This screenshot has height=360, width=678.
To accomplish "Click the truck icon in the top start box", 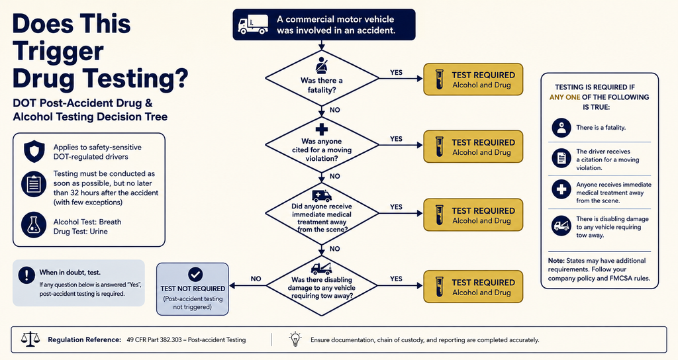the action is (254, 24).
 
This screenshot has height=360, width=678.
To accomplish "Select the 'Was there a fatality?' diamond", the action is (322, 78).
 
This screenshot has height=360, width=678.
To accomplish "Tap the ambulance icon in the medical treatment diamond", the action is (321, 196).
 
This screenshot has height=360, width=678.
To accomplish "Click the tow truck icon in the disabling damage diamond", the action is (321, 269).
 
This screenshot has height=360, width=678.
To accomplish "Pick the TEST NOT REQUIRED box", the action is (193, 289).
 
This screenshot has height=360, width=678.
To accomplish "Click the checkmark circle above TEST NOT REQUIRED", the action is (195, 274).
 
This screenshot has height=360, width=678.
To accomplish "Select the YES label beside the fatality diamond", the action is (396, 73).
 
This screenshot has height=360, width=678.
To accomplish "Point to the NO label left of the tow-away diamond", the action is (256, 279).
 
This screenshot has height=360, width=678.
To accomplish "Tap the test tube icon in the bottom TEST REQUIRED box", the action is (440, 287).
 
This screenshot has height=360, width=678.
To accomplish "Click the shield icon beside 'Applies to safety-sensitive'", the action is (34, 152).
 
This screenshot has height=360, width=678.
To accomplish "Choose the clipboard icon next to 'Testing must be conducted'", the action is (34, 185).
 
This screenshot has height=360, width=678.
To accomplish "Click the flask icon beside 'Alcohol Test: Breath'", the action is (34, 225).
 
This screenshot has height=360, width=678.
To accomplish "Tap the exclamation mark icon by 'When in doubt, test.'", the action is (26, 275).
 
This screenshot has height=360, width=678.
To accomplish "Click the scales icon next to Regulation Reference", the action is (30, 339).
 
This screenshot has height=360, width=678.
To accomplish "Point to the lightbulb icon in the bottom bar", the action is (295, 339).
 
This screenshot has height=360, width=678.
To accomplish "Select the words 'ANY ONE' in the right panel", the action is (565, 97).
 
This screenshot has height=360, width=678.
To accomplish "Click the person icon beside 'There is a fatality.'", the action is (561, 128).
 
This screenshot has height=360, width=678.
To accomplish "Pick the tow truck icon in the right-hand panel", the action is (561, 226).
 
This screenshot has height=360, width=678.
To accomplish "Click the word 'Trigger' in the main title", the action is (58, 52).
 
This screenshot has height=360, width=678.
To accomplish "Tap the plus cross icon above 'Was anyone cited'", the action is (321, 129).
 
